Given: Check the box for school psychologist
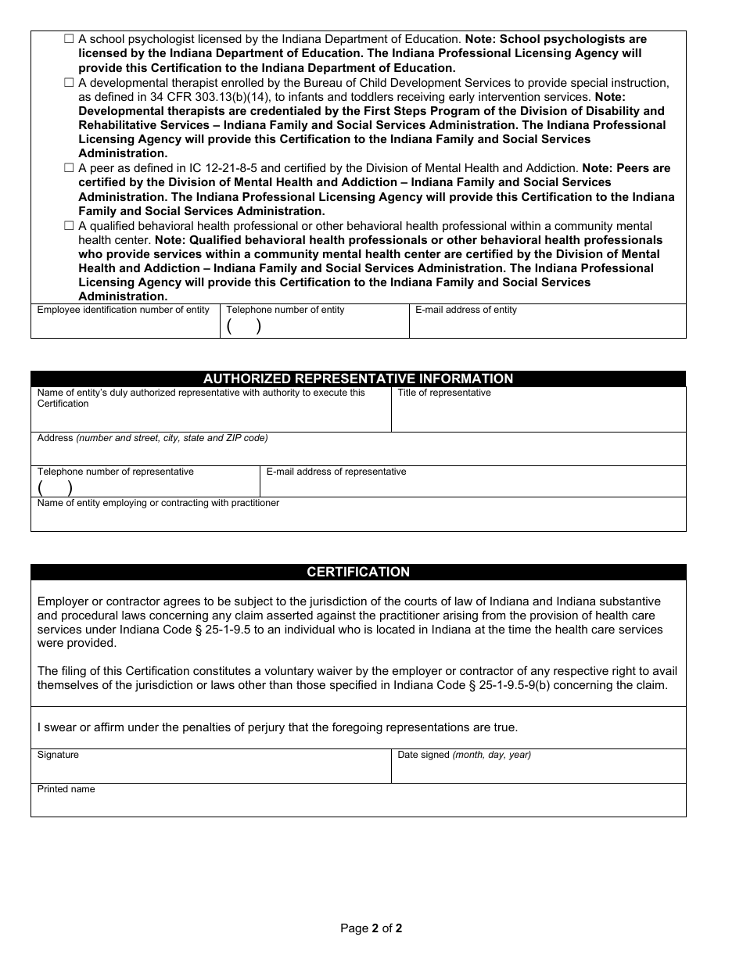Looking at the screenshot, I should [69, 39].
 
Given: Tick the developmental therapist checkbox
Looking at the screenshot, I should [69, 83].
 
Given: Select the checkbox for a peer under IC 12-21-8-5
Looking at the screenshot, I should [69, 168].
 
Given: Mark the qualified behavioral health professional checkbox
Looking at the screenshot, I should [69, 226].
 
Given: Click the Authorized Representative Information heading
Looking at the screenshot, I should [358, 379].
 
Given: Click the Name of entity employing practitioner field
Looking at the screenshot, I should [358, 519].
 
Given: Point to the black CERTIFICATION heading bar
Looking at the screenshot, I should [358, 572].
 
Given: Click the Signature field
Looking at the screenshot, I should [211, 770].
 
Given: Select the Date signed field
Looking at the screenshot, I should [538, 770].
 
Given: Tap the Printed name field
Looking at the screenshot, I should [358, 804].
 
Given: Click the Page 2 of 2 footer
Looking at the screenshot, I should [371, 928].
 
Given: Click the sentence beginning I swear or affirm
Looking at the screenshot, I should [278, 727].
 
